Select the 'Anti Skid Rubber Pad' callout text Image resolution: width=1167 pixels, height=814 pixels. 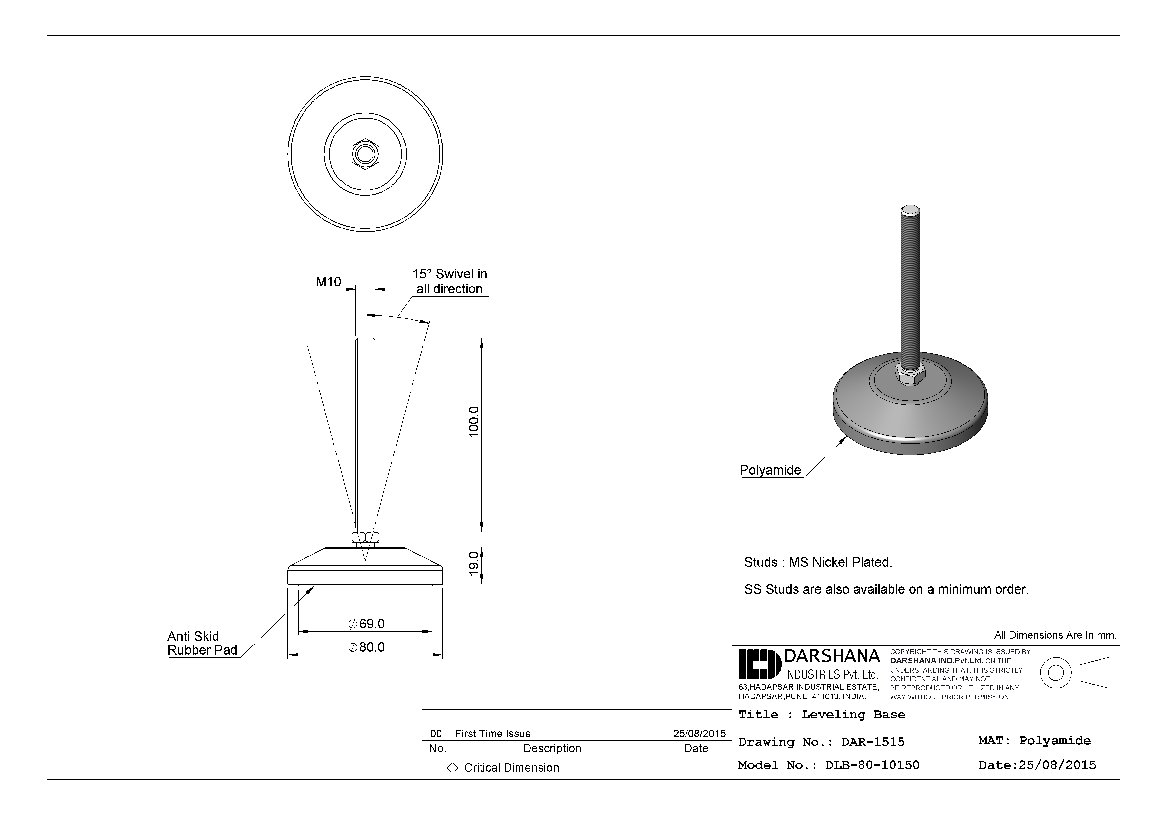click(202, 643)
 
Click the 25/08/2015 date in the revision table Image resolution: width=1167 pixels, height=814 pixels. click(699, 734)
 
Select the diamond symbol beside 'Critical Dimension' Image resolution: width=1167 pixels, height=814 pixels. click(452, 768)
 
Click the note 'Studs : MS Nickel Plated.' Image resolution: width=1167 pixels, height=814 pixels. click(818, 562)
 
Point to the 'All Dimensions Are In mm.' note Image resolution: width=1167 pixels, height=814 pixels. click(1055, 635)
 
